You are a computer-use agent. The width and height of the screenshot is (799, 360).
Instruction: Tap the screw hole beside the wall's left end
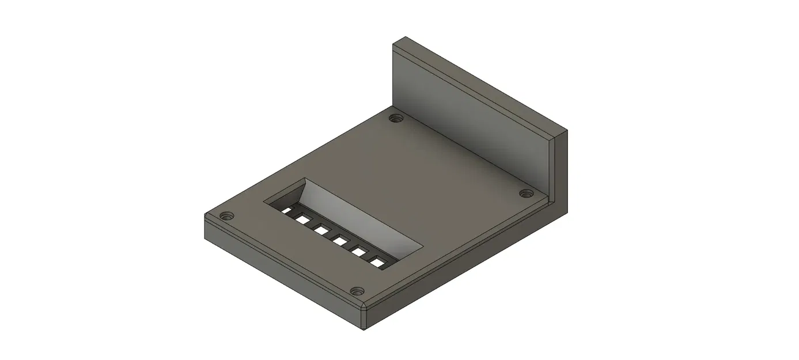[x=395, y=119]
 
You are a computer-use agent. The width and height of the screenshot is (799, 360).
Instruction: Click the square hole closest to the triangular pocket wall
[x=286, y=210]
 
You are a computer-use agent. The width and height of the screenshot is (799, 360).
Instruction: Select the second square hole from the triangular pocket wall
[x=300, y=218]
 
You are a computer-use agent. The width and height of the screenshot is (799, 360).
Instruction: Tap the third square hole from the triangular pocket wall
[x=321, y=230]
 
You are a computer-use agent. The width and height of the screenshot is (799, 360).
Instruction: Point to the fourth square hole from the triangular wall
[x=340, y=241]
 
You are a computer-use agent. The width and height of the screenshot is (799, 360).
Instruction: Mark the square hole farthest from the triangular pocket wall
[x=378, y=263]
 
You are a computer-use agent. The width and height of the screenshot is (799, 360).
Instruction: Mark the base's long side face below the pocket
[x=282, y=271]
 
